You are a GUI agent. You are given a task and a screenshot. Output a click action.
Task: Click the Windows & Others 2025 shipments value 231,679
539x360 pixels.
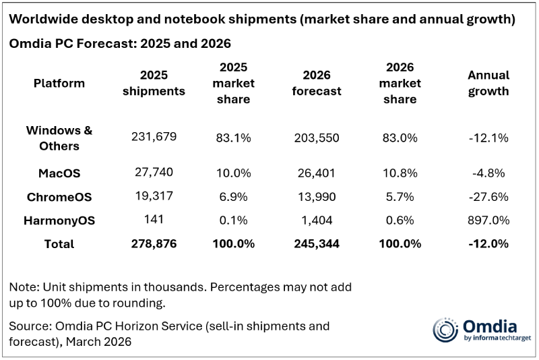(154, 137)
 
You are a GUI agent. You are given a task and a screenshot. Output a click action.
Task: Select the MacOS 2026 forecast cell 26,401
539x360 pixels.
(316, 173)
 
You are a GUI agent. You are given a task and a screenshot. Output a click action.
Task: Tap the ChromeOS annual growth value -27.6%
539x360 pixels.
(488, 197)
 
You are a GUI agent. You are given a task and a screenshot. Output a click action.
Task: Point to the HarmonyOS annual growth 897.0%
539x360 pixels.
(488, 220)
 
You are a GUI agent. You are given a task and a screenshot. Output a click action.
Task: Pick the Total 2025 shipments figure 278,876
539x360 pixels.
(154, 243)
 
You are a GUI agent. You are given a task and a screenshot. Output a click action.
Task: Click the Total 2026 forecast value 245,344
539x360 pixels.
(316, 243)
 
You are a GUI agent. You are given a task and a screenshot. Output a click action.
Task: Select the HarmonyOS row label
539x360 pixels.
(59, 220)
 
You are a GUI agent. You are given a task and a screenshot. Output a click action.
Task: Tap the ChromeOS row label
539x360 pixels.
(59, 197)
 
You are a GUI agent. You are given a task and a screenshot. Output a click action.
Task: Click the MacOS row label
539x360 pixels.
(59, 173)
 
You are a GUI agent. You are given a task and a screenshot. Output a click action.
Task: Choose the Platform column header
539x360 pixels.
(59, 84)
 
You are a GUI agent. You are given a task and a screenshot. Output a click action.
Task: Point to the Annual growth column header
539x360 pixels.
(488, 83)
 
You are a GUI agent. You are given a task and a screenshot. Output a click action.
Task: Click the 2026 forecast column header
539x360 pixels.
(316, 83)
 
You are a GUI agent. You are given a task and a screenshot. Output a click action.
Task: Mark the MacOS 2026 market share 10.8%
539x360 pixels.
(400, 173)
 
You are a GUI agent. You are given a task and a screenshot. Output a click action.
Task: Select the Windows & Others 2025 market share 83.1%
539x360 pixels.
(233, 137)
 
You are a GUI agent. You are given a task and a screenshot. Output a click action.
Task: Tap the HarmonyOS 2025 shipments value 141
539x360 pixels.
(154, 219)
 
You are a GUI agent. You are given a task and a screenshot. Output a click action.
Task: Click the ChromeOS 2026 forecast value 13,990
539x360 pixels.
(316, 197)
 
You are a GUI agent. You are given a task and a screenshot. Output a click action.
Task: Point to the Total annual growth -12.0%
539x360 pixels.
(488, 243)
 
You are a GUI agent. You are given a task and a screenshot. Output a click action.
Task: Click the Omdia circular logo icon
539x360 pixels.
(445, 329)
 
